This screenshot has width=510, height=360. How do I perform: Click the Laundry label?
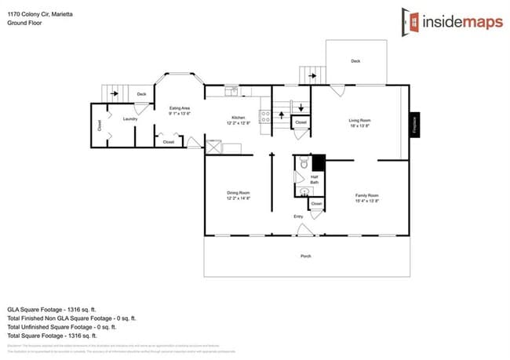pos(130,118)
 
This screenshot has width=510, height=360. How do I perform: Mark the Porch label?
pos(306,256)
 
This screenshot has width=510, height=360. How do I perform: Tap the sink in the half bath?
pos(303,191)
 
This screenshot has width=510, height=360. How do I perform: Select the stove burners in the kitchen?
pos(265,117)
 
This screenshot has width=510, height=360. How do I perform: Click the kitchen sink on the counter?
pos(231,93)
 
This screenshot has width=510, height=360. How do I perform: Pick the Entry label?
pos(298,216)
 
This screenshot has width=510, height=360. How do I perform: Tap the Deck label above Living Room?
pos(355,60)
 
